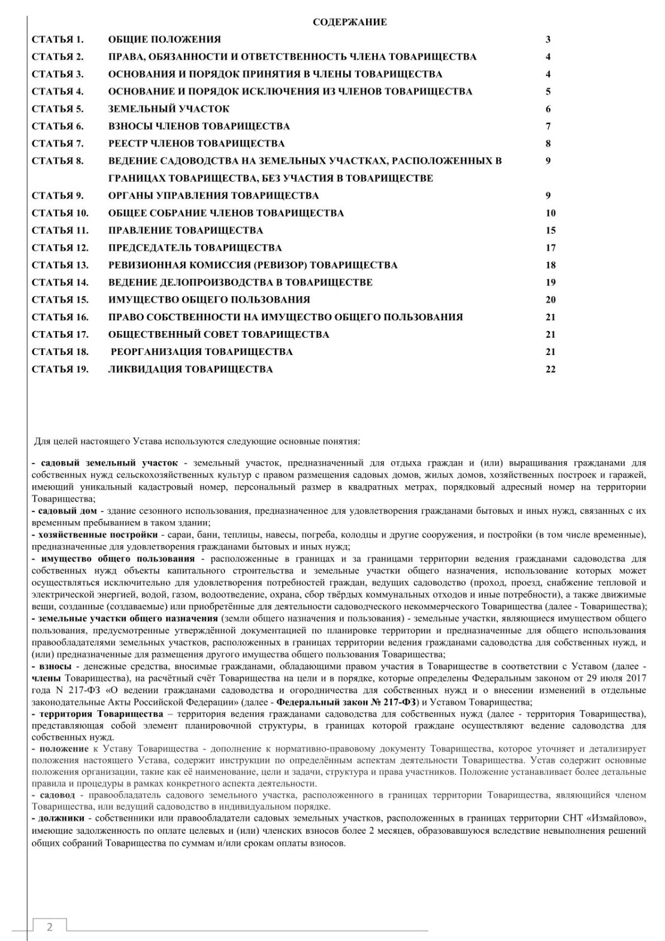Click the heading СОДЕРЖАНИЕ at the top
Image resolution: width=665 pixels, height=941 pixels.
click(350, 22)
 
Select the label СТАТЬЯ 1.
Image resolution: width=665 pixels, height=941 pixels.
click(58, 40)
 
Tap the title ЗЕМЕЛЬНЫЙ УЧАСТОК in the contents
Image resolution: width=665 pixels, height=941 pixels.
click(168, 109)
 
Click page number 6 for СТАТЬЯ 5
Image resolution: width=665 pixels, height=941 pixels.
click(548, 109)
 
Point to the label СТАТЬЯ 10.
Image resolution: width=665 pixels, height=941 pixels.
click(60, 213)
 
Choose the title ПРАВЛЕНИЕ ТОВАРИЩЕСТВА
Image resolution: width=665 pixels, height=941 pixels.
click(185, 230)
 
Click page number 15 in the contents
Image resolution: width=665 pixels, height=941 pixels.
click(551, 230)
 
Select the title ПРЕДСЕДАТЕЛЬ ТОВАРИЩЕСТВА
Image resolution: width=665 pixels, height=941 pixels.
click(195, 248)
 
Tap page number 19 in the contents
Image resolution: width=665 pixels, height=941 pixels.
click(551, 282)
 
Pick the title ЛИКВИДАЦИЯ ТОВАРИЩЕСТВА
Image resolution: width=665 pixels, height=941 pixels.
click(190, 369)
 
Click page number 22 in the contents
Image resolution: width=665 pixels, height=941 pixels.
click(551, 369)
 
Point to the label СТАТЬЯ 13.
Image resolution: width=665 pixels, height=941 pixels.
click(60, 265)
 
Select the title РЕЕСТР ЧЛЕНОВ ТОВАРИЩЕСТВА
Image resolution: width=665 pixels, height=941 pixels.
click(196, 144)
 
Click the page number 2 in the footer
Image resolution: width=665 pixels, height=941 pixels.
click(49, 927)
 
